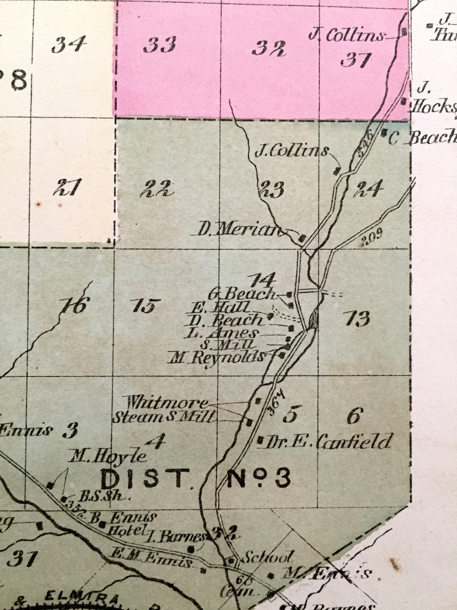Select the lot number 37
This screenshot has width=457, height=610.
[x=354, y=60]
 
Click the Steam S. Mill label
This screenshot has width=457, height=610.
[x=163, y=417]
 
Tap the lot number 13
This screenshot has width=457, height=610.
[x=359, y=319]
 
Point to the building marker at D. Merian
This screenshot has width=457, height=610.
[x=302, y=238]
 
